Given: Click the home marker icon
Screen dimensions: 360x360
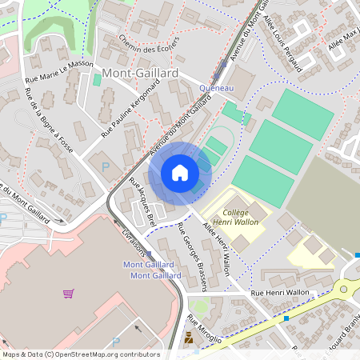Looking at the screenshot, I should (180, 172).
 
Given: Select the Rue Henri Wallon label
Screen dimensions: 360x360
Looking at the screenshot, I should (280, 294).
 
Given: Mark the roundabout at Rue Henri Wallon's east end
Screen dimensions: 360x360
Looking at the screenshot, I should (350, 289).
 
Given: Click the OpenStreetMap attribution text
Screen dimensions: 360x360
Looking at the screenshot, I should (81, 354).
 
